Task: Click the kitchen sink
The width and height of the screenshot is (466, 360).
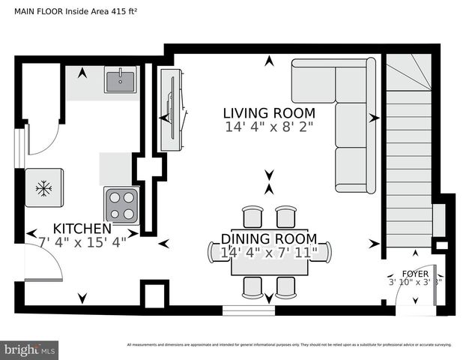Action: pyautogui.click(x=119, y=80)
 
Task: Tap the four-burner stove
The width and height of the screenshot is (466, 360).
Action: pyautogui.click(x=121, y=205)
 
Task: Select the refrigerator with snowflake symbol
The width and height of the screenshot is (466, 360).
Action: pyautogui.click(x=43, y=187)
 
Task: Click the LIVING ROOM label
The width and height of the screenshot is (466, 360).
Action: pyautogui.click(x=269, y=113)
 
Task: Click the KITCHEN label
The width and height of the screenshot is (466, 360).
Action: pyautogui.click(x=82, y=228)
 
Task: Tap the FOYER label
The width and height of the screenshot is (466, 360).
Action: pyautogui.click(x=415, y=274)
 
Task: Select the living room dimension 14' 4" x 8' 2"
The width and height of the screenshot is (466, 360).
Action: pyautogui.click(x=269, y=127)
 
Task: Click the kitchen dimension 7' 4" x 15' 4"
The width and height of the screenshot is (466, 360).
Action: pyautogui.click(x=82, y=241)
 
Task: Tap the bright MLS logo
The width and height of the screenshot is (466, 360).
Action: pyautogui.click(x=30, y=349)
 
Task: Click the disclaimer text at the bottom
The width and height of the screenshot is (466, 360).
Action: pyautogui.click(x=288, y=345)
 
